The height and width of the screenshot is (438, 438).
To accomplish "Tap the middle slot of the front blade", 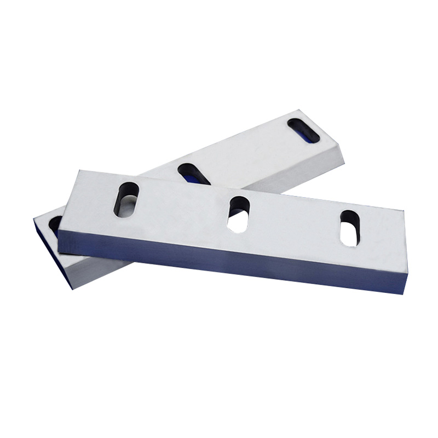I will point(239,213).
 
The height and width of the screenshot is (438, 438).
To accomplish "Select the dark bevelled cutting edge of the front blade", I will point(230,263).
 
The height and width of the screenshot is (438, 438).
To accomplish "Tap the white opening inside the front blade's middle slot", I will point(238,221).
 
